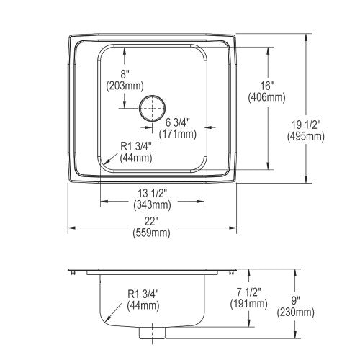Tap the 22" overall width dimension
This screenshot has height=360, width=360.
(x=150, y=222)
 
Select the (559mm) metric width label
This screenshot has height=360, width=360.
(x=152, y=233)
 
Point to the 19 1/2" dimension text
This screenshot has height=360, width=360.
(x=306, y=125)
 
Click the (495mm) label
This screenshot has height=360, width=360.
(x=306, y=137)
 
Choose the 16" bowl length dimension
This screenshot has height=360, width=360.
(x=267, y=86)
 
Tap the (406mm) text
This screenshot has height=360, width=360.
(x=267, y=97)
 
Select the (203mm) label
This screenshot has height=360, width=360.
(x=125, y=86)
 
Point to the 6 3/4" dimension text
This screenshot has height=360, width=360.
(x=178, y=123)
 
